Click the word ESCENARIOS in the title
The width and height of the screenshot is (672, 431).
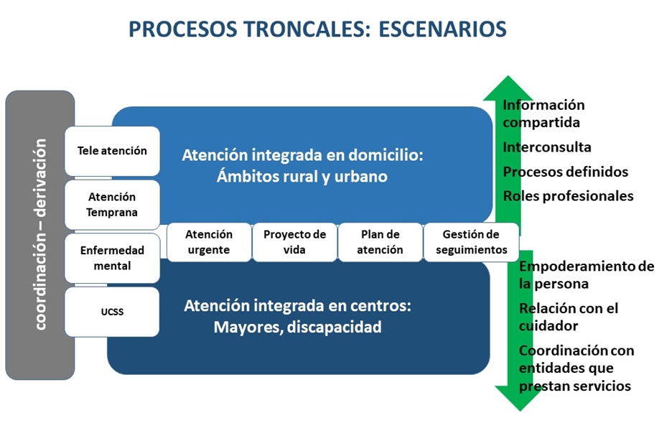click(442, 29)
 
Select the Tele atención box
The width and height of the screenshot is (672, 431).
click(112, 151)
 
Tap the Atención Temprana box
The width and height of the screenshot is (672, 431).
click(112, 204)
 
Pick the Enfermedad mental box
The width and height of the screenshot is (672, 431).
click(112, 258)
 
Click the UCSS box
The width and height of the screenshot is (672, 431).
click(112, 312)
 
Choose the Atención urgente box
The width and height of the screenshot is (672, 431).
click(209, 242)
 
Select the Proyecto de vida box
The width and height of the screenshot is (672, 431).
click(294, 242)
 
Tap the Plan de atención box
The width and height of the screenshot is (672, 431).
click(380, 242)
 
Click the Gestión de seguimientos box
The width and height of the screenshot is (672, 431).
click(470, 242)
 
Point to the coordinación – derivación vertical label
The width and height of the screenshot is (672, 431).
click(40, 234)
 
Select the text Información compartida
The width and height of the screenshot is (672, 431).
click(543, 113)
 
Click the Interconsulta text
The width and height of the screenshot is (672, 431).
click(547, 147)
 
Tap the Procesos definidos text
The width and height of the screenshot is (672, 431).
click(565, 172)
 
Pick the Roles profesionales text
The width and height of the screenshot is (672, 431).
click(568, 195)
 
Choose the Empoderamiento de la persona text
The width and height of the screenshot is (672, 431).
click(586, 274)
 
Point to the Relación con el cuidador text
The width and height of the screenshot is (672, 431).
click(568, 317)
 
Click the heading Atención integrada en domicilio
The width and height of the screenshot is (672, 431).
click(302, 154)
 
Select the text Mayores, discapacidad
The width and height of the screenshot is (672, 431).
click(297, 328)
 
